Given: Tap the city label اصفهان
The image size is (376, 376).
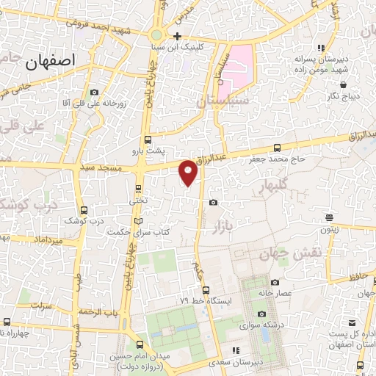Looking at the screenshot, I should [x=52, y=62].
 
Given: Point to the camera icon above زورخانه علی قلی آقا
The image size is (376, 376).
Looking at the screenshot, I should [x=94, y=92].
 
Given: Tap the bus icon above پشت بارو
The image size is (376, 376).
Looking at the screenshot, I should [x=148, y=139].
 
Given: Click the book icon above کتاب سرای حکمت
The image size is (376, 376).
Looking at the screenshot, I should [x=140, y=220].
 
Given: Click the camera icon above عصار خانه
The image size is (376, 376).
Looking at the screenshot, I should [x=275, y=282].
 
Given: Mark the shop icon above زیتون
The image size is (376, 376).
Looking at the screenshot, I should [x=330, y=217].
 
